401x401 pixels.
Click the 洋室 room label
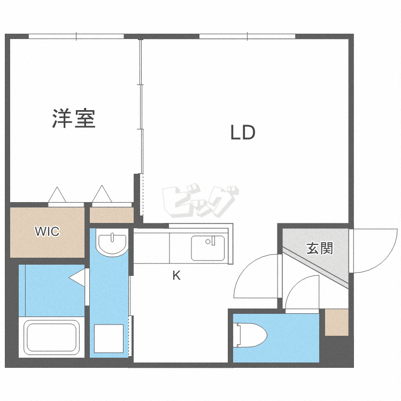click(x=74, y=118)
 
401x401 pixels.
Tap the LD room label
click(x=243, y=132)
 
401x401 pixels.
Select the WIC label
click(x=47, y=232)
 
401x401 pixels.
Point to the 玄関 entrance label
click(x=320, y=248)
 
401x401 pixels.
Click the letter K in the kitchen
click(x=176, y=276)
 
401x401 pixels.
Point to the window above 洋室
click(x=76, y=36)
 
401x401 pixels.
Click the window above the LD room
click(x=247, y=36)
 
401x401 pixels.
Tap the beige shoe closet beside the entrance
click(x=336, y=322)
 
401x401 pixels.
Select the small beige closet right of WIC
click(x=111, y=215)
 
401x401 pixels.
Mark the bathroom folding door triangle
click(x=78, y=278)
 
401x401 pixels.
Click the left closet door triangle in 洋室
click(x=57, y=195)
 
